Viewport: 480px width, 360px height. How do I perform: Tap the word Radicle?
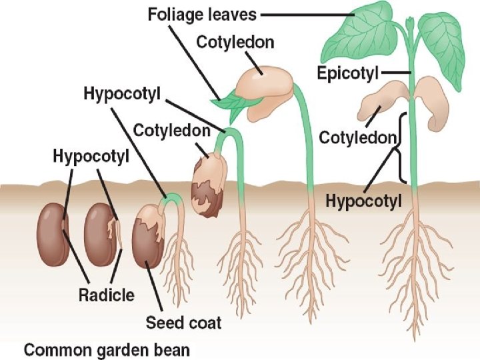(106, 294)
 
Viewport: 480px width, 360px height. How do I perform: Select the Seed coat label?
(183, 323)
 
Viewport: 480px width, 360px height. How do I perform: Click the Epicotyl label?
(348, 73)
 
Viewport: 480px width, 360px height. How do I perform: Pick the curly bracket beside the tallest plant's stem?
(402, 148)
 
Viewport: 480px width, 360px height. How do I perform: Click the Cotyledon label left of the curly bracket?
(359, 138)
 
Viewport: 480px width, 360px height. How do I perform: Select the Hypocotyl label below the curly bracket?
(363, 201)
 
